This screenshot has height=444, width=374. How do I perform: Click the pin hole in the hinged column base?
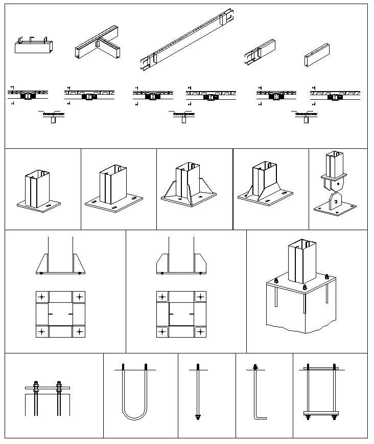tap(334, 201)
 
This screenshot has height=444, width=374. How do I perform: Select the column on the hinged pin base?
tap(335, 163)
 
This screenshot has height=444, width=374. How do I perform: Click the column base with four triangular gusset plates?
tap(188, 188)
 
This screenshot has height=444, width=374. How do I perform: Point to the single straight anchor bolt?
tap(198, 391)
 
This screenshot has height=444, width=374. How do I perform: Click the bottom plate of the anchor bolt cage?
tap(321, 413)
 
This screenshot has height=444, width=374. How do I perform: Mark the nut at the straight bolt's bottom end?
tap(198, 418)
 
